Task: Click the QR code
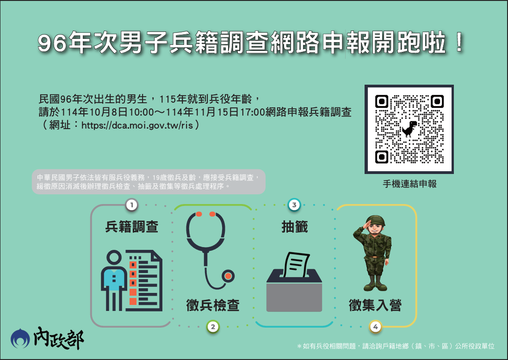(409, 129)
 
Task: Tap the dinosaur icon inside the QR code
(409, 129)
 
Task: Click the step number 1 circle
(131, 205)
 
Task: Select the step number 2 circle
(213, 327)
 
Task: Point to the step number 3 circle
(294, 205)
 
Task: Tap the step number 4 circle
(376, 327)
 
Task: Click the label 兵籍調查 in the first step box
(132, 227)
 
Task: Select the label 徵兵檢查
(213, 305)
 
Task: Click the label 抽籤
(295, 227)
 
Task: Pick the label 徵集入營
(375, 305)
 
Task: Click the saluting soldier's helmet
(376, 221)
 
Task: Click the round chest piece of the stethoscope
(228, 276)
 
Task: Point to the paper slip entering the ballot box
(297, 265)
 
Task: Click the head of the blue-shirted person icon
(113, 258)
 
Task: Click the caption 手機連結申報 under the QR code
(409, 184)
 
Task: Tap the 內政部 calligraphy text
(59, 338)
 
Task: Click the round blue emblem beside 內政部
(20, 339)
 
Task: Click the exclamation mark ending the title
(459, 43)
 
